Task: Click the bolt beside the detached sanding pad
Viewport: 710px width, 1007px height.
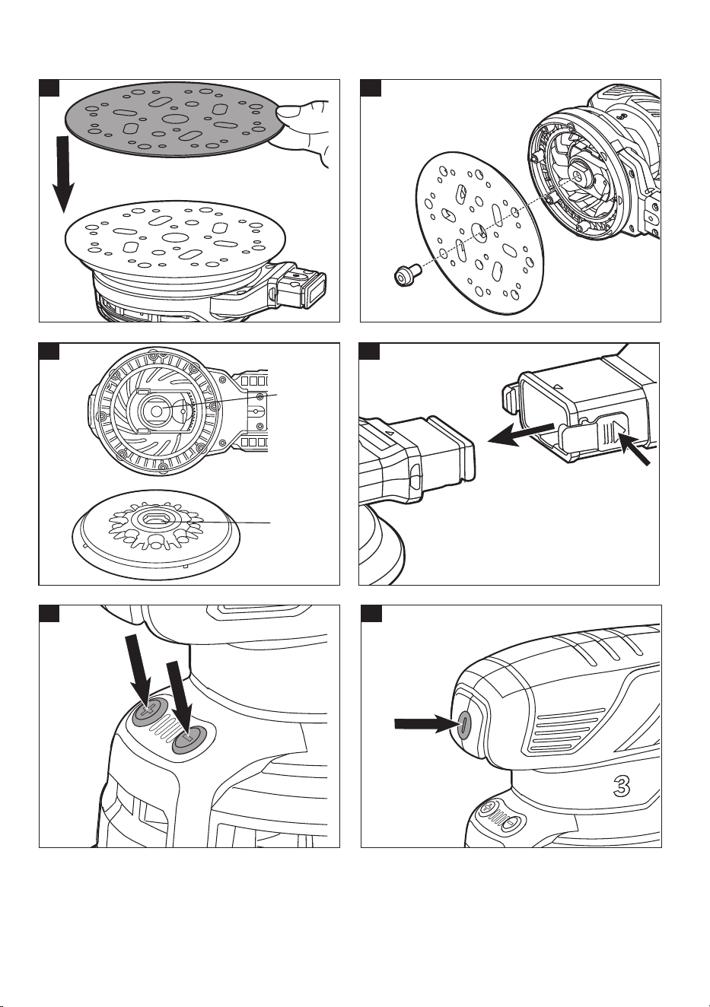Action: pyautogui.click(x=406, y=275)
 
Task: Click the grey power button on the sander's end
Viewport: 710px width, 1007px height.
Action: pyautogui.click(x=463, y=725)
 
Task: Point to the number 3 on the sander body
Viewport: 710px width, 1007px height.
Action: pyautogui.click(x=622, y=786)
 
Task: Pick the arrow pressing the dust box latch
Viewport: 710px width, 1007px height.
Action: pyautogui.click(x=634, y=446)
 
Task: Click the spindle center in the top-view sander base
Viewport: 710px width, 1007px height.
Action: pyautogui.click(x=156, y=410)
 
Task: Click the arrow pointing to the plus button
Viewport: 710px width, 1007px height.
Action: pyautogui.click(x=140, y=672)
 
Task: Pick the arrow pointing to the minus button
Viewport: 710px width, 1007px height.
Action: pyautogui.click(x=180, y=700)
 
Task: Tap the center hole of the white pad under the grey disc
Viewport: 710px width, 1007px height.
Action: pyautogui.click(x=174, y=237)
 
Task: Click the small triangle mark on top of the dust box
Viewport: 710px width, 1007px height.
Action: pyautogui.click(x=558, y=386)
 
